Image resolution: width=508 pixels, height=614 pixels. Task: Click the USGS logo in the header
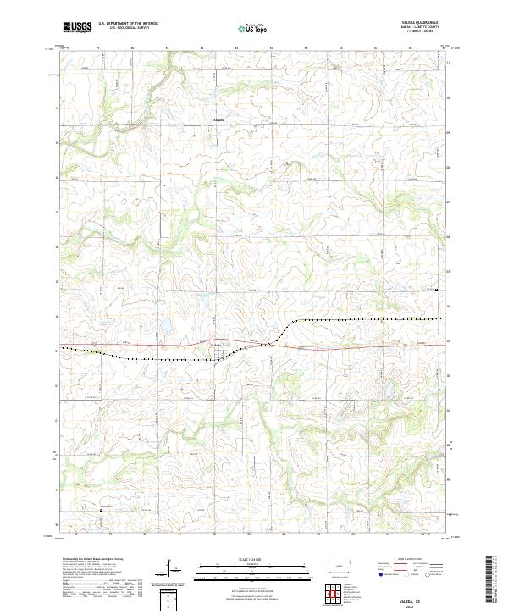point(78,28)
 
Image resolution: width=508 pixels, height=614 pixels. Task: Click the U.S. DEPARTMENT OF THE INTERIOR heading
point(128,24)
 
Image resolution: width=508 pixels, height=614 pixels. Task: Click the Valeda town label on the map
point(215,343)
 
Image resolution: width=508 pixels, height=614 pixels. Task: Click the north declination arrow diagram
point(168,569)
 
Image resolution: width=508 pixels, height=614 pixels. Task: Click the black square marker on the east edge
point(436,290)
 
